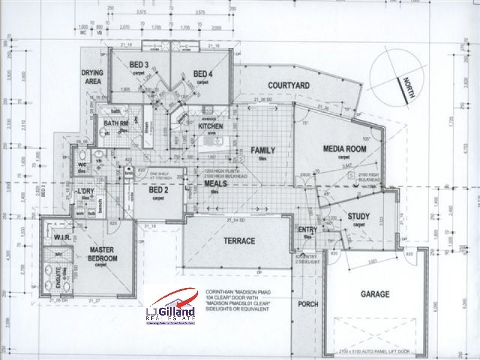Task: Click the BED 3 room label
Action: pos(139,64)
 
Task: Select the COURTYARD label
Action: pos(289,86)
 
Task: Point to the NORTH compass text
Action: pos(409,83)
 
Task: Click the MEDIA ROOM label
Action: pos(344,148)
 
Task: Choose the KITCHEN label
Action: pos(210,127)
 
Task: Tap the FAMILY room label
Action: pos(263,150)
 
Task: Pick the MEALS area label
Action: pos(215,184)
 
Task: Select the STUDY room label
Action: pos(359,217)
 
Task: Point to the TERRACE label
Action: pos(239,241)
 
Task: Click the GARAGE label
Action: pos(375,294)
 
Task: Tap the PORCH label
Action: pos(308,304)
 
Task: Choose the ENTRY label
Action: pos(308,229)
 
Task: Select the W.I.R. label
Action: pos(62,238)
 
